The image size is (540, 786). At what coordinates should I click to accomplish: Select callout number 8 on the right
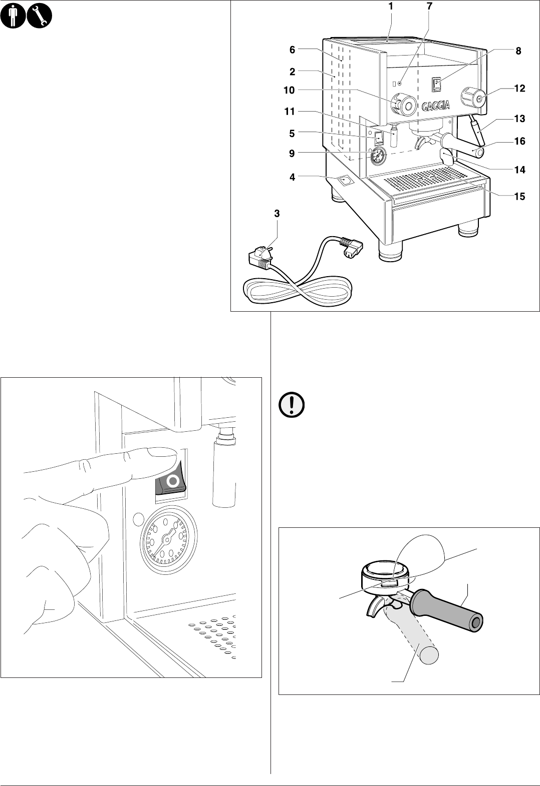coord(518,51)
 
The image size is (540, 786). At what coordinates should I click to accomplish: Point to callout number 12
coord(519,89)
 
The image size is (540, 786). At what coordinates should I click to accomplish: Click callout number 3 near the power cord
coord(277,214)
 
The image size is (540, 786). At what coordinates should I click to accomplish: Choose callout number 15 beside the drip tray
coord(519,197)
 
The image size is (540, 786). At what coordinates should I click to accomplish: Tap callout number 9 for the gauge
coord(292,154)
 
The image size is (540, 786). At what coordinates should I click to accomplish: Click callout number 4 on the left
coord(292,177)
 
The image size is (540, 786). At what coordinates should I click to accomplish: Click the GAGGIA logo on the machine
coord(435,106)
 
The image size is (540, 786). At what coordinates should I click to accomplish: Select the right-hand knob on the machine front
coord(473,97)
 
